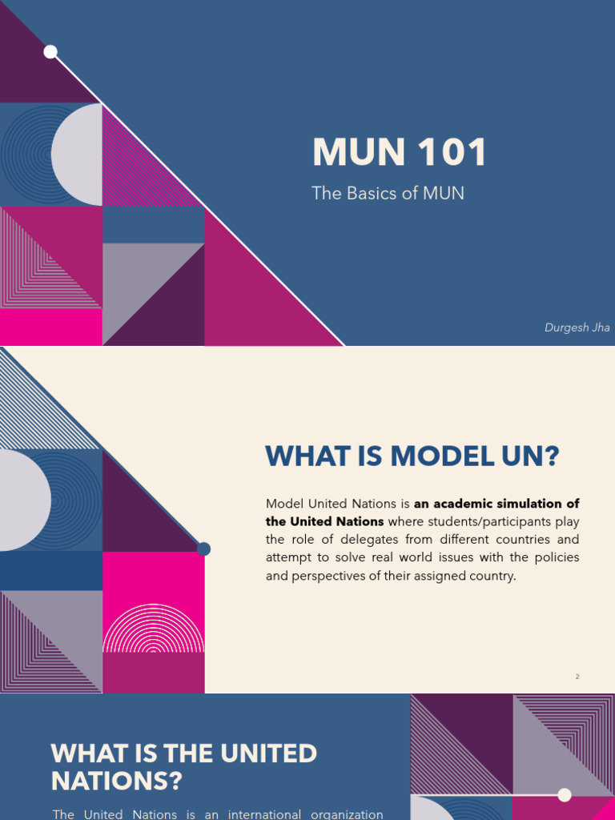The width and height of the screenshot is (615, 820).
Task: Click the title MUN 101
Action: click(400, 152)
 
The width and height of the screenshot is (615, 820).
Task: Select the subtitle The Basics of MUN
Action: click(388, 194)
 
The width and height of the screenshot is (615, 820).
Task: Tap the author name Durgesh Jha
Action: click(577, 328)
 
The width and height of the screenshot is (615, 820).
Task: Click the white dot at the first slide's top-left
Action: click(50, 52)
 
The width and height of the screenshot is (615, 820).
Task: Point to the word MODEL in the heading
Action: click(431, 457)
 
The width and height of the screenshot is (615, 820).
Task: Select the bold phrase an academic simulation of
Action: click(496, 504)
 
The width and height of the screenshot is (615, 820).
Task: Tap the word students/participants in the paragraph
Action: click(474, 521)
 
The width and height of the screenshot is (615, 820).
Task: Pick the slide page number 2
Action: click(577, 677)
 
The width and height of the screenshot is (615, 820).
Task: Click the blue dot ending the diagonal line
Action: click(203, 549)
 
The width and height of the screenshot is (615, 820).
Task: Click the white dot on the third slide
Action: click(565, 794)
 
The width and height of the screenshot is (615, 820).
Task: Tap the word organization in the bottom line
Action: click(346, 814)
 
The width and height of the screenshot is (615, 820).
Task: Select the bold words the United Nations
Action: click(324, 521)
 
